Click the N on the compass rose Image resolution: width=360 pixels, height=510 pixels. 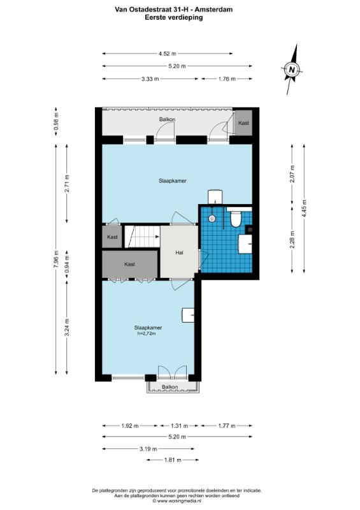tap(292, 69)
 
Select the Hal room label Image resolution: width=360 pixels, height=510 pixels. tap(179, 252)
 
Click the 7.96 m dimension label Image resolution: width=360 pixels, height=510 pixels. tap(56, 259)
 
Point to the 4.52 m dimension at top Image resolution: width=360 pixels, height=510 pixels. tap(167, 54)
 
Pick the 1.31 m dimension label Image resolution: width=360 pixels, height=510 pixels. tap(179, 426)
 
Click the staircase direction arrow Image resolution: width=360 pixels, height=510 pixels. tap(157, 237)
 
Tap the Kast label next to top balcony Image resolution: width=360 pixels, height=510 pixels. tap(243, 123)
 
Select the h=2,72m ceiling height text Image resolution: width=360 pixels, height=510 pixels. tap(145, 333)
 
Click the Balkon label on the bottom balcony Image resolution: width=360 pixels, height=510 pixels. tap(170, 387)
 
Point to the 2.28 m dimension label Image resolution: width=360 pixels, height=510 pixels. tap(292, 240)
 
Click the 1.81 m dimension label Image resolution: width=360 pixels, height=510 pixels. tap(173, 460)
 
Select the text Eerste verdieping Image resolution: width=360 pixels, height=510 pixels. tap(174, 18)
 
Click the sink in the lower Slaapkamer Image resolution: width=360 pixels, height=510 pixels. tap(188, 315)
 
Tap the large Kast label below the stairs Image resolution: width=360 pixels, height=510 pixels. tap(129, 265)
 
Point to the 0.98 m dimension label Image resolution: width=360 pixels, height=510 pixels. tap(56, 121)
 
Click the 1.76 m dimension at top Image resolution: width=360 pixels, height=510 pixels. tap(227, 78)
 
